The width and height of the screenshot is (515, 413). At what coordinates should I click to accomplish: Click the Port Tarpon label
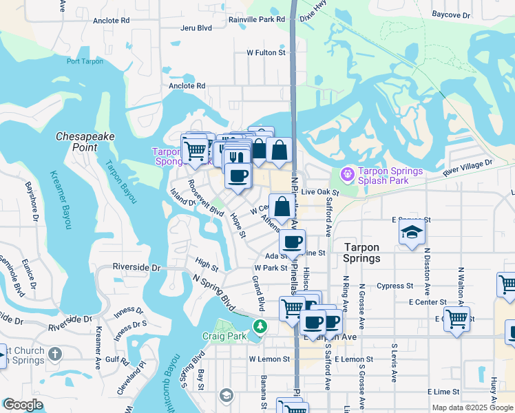tap(85, 61)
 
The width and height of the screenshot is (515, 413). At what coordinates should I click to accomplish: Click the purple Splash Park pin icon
tap(348, 175)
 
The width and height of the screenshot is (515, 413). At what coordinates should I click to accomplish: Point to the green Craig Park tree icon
tap(260, 326)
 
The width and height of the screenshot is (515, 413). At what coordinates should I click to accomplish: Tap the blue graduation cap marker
tap(412, 232)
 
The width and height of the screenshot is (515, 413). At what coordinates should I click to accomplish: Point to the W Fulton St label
tap(266, 52)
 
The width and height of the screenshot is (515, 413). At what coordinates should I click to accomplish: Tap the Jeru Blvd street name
tap(196, 28)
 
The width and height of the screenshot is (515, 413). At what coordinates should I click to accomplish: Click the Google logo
tap(23, 405)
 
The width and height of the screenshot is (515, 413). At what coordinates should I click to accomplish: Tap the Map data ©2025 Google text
tap(472, 407)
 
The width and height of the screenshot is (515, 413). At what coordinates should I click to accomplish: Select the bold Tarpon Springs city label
tap(361, 253)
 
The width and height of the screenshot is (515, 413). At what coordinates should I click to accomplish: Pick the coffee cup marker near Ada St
tap(293, 242)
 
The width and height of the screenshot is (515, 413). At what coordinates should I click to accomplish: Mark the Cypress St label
tap(395, 286)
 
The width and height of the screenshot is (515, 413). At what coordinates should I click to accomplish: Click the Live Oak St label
tap(320, 192)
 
